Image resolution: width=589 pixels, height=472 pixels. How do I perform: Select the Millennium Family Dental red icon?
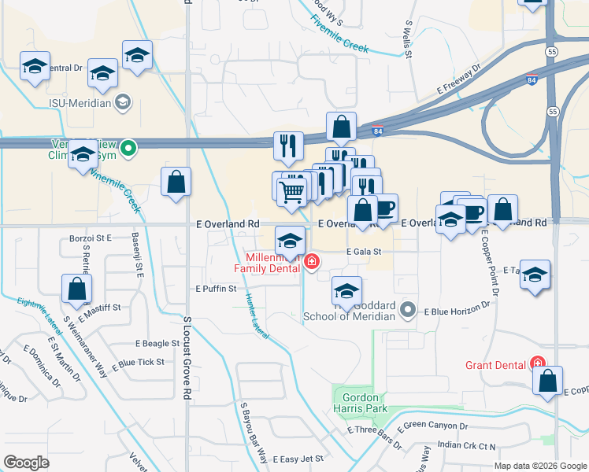point(313,261)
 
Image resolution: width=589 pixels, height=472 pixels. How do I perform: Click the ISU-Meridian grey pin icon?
point(123,101)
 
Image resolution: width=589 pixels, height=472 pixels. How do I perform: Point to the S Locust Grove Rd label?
point(187,357)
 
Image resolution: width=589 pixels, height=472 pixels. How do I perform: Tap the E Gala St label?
point(364,252)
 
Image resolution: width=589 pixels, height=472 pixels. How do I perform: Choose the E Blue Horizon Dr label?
point(457,312)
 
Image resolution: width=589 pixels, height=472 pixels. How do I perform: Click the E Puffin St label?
point(217,289)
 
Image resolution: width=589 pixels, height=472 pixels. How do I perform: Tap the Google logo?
point(27,462)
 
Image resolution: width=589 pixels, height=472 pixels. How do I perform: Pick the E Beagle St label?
point(157,344)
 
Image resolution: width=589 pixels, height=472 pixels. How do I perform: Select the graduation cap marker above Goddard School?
point(346,289)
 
